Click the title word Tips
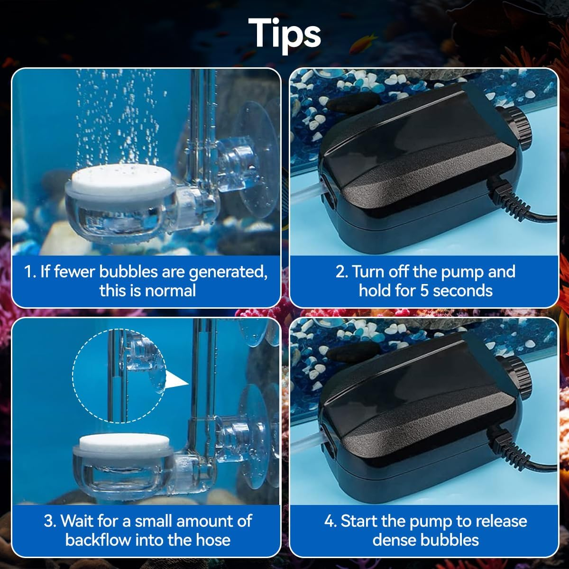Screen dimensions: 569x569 [x=284, y=33]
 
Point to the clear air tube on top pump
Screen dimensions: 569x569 [x=306, y=194]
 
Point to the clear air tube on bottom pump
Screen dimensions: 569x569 [x=306, y=443]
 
